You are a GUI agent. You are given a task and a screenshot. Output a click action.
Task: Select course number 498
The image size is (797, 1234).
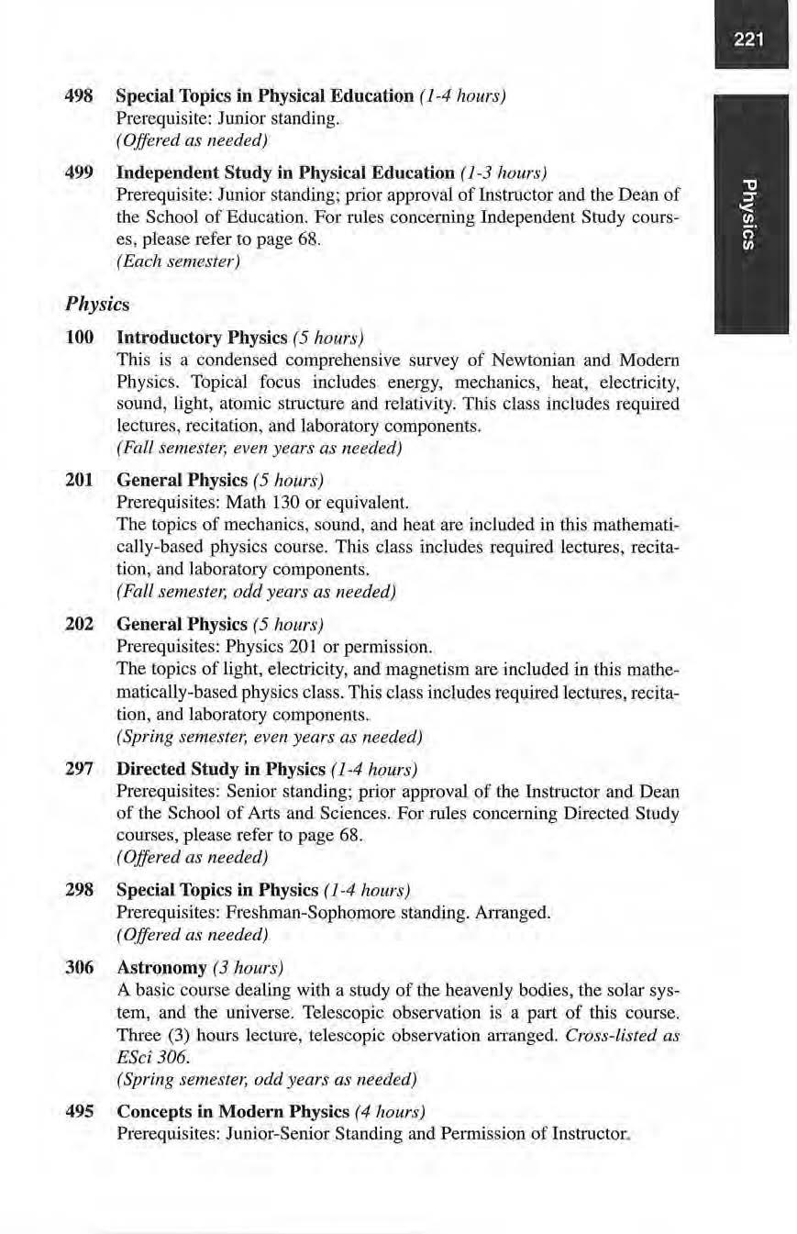tap(80, 95)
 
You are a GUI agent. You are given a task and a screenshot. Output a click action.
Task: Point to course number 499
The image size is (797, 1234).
tap(80, 172)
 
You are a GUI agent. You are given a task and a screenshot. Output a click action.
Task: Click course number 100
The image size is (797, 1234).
tap(80, 337)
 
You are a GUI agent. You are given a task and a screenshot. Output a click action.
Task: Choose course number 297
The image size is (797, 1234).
tap(80, 768)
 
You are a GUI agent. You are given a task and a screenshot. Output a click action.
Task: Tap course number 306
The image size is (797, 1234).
tap(80, 968)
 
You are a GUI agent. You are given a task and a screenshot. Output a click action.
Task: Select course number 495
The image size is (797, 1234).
tap(80, 1112)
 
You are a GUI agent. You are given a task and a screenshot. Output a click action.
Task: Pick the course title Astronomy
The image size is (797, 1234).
tap(161, 968)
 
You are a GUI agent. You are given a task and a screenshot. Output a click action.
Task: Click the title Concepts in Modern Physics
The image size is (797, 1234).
tap(233, 1112)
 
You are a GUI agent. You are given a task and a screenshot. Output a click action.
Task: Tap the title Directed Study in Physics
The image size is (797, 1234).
tap(221, 768)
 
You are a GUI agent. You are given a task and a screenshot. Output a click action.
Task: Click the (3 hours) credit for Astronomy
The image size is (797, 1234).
tap(248, 968)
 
